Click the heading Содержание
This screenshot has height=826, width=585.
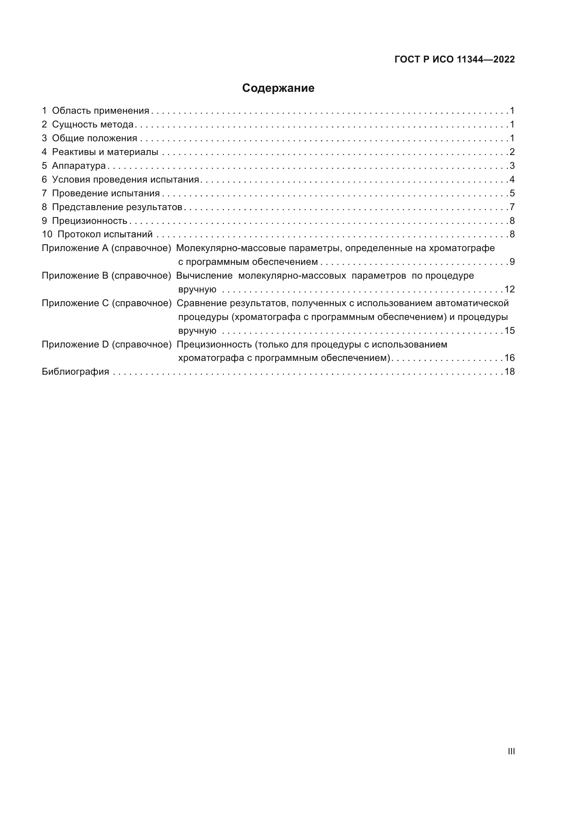click(278, 88)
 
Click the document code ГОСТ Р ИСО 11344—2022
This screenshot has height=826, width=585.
click(454, 60)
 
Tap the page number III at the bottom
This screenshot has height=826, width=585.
click(511, 751)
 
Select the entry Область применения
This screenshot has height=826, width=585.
click(100, 111)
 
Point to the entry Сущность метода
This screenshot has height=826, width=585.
click(93, 124)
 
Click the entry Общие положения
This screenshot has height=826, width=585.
click(94, 138)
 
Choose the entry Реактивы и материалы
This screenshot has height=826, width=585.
click(105, 152)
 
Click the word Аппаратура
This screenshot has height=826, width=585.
click(79, 166)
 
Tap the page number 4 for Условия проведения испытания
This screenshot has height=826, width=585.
click(512, 179)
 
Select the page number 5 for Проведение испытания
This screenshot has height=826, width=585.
click(512, 193)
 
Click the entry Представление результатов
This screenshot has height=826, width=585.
click(117, 207)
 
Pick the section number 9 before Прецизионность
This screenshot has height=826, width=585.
click(44, 221)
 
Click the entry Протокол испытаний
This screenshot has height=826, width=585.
click(105, 234)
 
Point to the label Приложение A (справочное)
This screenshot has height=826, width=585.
click(106, 248)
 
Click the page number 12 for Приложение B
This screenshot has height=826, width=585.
click(510, 290)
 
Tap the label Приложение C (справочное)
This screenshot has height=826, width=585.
click(106, 303)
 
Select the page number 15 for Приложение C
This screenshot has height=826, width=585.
click(510, 331)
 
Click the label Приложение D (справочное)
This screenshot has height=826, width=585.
click(106, 345)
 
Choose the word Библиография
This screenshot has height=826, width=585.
click(75, 372)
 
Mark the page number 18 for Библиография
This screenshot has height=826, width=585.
click(510, 372)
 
